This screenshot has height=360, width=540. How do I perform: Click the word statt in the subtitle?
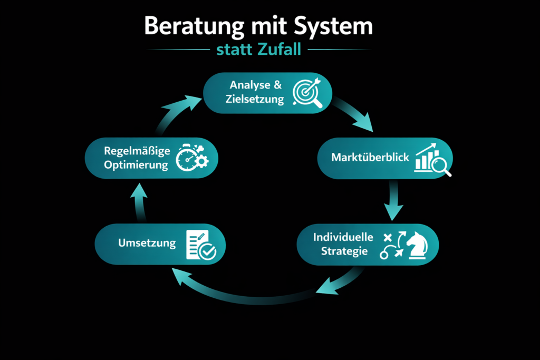233,50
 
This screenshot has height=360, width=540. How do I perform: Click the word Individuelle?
343,237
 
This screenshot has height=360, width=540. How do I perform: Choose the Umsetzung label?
140,243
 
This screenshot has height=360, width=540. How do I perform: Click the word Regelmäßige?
137,151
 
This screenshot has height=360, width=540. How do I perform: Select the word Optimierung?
136,164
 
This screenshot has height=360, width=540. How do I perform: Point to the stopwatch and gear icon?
191,157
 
